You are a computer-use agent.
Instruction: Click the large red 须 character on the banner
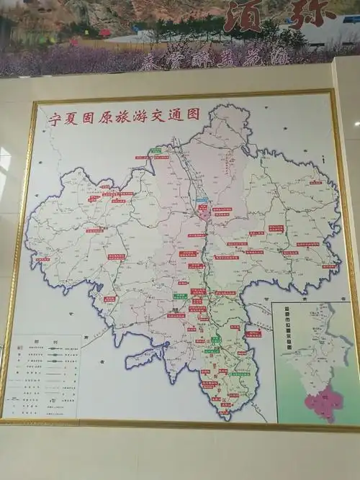[x=243, y=16]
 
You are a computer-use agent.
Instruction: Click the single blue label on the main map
[x=202, y=201]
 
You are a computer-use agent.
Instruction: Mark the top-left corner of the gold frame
[x=35, y=103]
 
